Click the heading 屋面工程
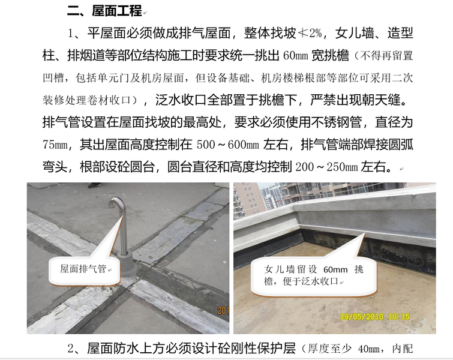pos(117,11)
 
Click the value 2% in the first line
pos(315,34)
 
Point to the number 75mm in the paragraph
pos(55,145)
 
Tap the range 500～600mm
pos(227,145)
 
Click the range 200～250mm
pos(326,167)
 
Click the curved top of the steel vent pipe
pos(116,202)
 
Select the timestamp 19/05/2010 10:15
pos(375,317)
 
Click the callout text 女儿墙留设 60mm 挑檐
pos(313,275)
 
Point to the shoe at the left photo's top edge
pos(94,185)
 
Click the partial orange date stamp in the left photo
pos(223,310)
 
